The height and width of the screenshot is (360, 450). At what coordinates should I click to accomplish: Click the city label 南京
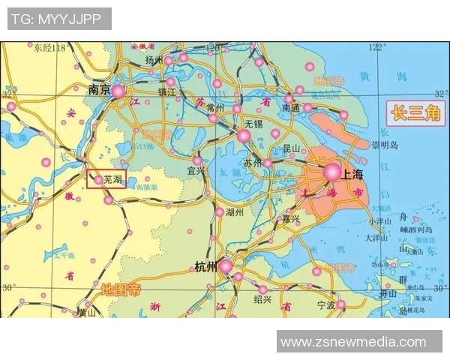[99, 89]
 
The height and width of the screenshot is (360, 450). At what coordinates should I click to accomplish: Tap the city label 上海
[353, 173]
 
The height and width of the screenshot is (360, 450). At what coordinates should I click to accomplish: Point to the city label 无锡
[253, 123]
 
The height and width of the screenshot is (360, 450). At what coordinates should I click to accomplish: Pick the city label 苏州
[253, 163]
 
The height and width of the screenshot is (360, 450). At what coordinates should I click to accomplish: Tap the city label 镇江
[166, 93]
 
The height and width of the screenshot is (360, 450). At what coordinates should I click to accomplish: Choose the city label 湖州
[234, 212]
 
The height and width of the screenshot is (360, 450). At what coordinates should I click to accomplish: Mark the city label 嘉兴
[291, 219]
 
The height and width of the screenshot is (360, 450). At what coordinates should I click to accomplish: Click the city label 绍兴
[262, 300]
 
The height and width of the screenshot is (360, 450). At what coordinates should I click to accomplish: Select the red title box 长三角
[415, 114]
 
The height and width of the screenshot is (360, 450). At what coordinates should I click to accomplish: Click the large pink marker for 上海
[332, 172]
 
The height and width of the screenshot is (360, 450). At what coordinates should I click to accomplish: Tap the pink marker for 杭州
[225, 265]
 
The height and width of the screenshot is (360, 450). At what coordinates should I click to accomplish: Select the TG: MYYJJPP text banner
[59, 18]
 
